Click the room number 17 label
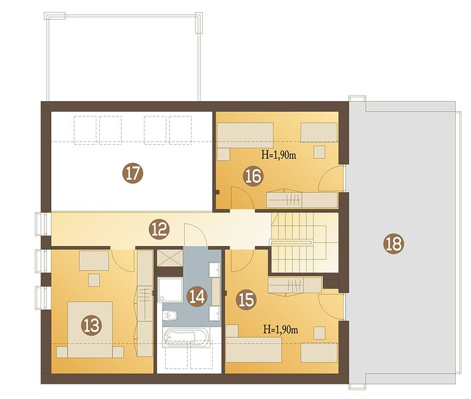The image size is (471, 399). (x=133, y=173)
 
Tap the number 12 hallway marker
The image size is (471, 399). (x=159, y=229)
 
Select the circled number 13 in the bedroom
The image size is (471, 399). (x=92, y=325)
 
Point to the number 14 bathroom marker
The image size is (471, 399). (x=197, y=297)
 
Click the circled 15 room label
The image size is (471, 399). (x=246, y=300)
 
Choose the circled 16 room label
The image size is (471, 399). (x=253, y=176)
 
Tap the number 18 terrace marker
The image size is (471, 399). (x=394, y=244)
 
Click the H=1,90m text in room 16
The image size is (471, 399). (x=279, y=155)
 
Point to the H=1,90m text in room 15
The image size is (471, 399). (x=281, y=329)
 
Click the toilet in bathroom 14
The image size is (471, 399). (x=170, y=315)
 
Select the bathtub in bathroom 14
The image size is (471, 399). (x=186, y=337)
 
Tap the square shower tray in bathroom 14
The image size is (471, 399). (x=170, y=290)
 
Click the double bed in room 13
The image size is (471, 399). (x=90, y=330)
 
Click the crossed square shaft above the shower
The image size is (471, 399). (x=170, y=258)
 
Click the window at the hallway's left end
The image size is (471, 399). (x=41, y=224)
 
